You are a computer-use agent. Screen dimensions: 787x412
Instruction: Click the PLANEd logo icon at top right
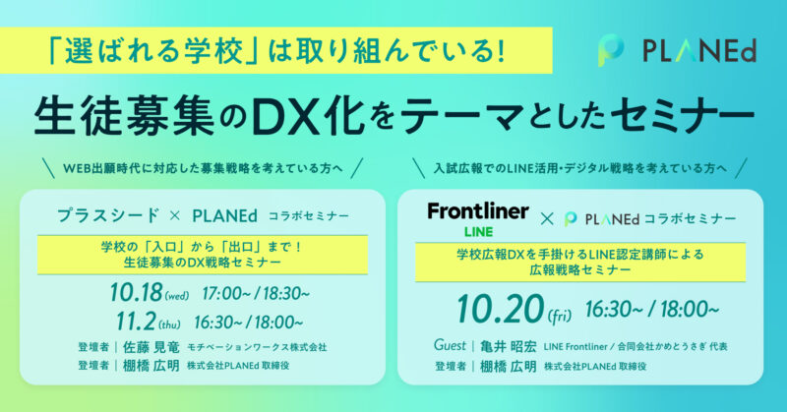(x=611, y=51)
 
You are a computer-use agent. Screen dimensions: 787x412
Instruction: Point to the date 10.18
(x=137, y=293)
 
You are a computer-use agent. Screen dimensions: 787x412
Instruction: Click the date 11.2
(x=136, y=322)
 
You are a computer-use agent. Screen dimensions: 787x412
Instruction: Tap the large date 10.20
(x=501, y=309)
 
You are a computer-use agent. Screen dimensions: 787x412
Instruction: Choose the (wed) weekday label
(x=177, y=296)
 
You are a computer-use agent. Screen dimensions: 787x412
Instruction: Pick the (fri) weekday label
(x=560, y=316)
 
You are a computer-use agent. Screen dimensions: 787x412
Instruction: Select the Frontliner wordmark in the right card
(x=478, y=211)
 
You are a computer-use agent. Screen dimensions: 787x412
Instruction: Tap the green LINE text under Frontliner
(x=478, y=232)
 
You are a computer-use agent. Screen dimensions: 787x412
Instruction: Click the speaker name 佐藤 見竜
(x=151, y=347)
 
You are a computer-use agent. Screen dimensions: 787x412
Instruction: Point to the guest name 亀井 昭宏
(x=508, y=346)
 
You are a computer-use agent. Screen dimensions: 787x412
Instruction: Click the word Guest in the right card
(x=450, y=345)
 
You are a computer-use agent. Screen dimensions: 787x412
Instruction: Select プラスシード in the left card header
(x=108, y=215)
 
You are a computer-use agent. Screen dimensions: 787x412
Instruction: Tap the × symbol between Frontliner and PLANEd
(x=547, y=219)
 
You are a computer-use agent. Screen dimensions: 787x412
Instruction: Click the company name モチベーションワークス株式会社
(x=257, y=347)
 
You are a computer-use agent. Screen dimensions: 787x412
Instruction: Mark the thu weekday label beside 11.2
(x=169, y=324)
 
